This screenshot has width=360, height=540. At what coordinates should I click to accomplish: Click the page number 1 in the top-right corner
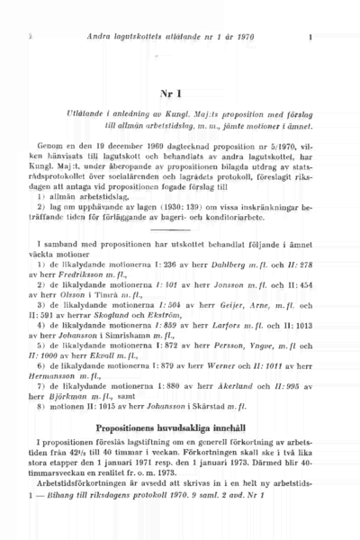[x=310, y=38]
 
